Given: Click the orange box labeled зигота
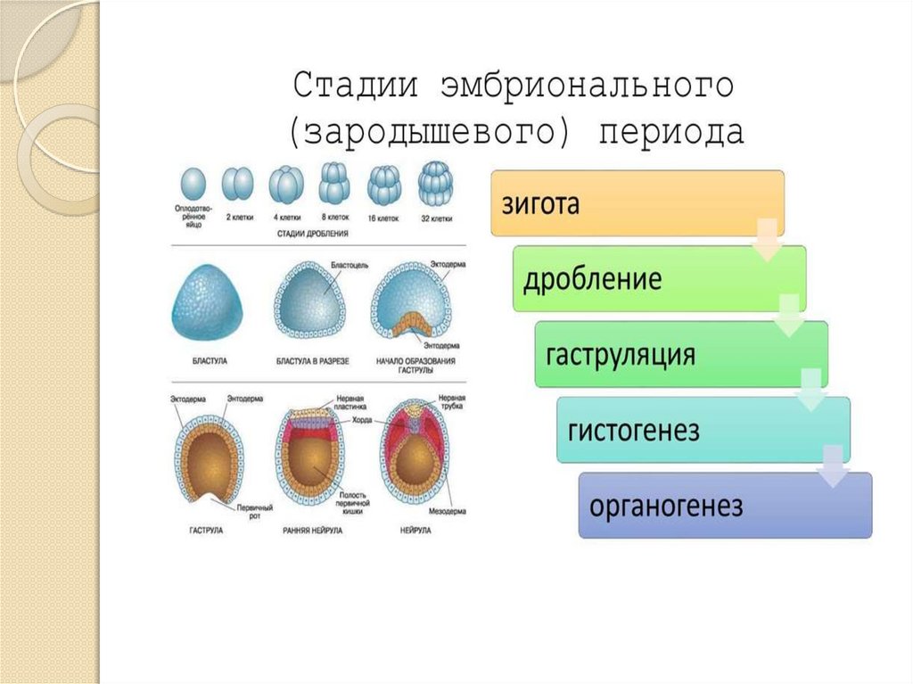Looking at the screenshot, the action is click(x=637, y=203).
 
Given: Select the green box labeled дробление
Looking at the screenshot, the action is click(x=659, y=278).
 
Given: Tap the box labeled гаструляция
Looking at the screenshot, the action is click(x=681, y=354).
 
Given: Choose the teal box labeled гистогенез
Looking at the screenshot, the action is click(x=703, y=430).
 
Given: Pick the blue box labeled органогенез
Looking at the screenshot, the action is click(x=725, y=506).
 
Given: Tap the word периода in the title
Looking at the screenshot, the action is click(x=670, y=132).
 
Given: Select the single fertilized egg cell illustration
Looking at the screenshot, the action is click(x=192, y=185).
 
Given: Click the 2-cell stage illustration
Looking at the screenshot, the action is click(x=236, y=185).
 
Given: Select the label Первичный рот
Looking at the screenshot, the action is click(x=254, y=510).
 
